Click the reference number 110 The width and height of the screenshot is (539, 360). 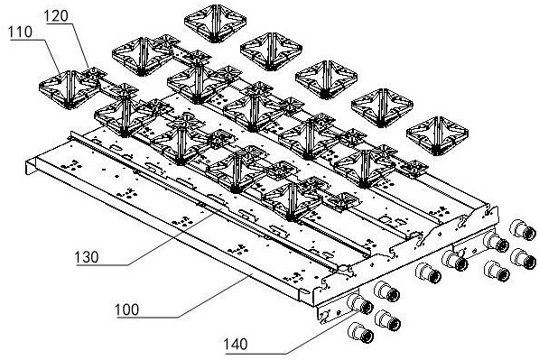pyautogui.click(x=20, y=32)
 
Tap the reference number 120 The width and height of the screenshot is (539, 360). pyautogui.click(x=56, y=16)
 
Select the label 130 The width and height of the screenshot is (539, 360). pyautogui.click(x=87, y=257)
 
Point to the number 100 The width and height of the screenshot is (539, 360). pyautogui.click(x=126, y=309)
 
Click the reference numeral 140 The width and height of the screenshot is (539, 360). pyautogui.click(x=236, y=344)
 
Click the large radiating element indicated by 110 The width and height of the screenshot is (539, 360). pyautogui.click(x=70, y=89)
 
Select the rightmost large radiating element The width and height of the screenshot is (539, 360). pyautogui.click(x=437, y=136)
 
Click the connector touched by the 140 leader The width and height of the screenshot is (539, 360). pyautogui.click(x=360, y=304)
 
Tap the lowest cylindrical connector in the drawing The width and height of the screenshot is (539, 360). pyautogui.click(x=360, y=333)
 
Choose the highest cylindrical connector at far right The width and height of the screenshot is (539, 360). pyautogui.click(x=523, y=230)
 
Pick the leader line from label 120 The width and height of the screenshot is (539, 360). pyautogui.click(x=80, y=45)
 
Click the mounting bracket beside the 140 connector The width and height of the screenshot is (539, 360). pyautogui.click(x=335, y=309)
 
